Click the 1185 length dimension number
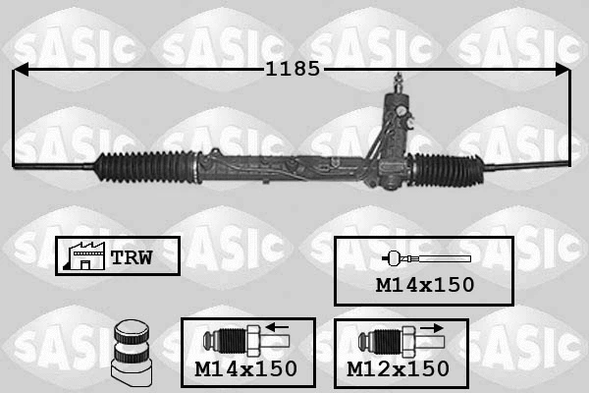pyautogui.click(x=293, y=70)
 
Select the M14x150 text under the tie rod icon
pyautogui.click(x=424, y=285)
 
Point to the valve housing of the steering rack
pyautogui.click(x=393, y=138)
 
